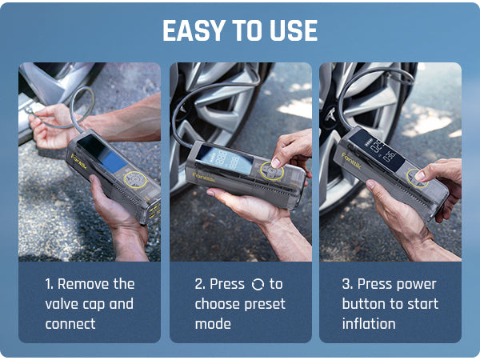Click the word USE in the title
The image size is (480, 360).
(293, 31)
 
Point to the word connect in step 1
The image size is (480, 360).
(70, 324)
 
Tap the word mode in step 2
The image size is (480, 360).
(212, 324)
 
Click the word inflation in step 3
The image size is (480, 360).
(369, 324)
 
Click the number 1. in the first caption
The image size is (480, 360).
(50, 284)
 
